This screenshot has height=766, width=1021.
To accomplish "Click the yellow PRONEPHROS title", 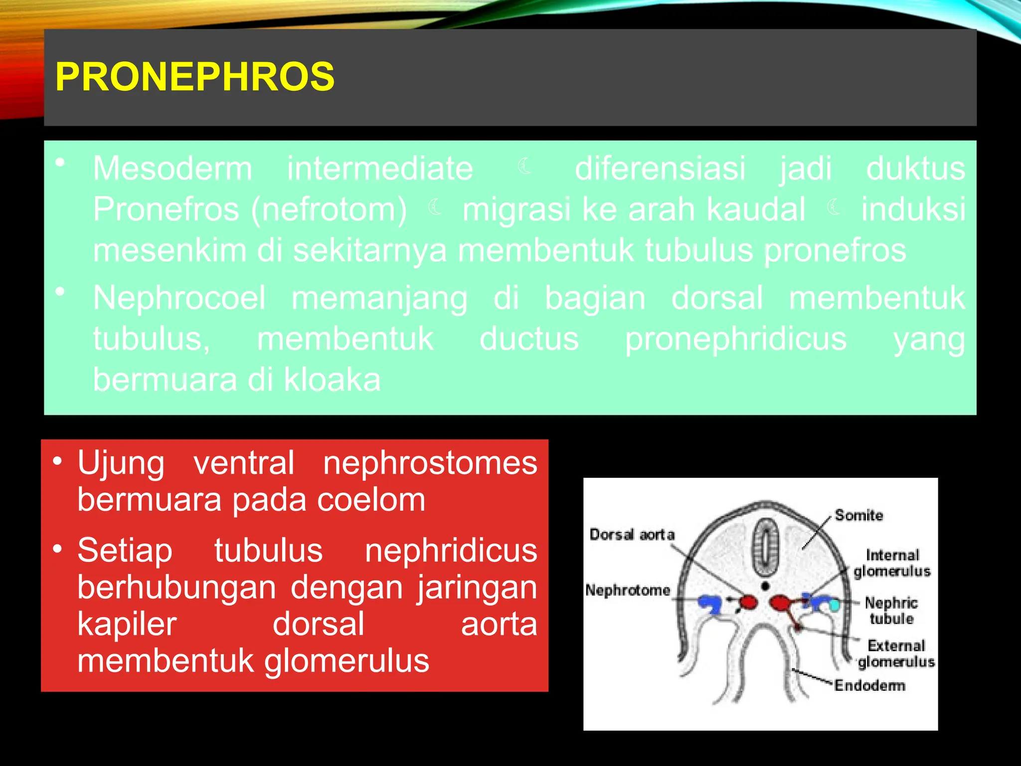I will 194,77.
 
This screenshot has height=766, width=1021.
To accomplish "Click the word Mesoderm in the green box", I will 172,169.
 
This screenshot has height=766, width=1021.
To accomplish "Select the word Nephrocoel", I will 179,298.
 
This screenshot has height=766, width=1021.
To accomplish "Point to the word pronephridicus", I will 735,339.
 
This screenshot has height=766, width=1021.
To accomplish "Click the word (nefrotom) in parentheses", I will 329,209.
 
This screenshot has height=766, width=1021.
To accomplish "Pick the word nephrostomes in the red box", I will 430,463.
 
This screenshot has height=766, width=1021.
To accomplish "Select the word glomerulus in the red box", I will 346,661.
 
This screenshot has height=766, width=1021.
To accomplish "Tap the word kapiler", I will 127,624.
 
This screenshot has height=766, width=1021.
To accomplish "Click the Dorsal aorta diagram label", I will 632,535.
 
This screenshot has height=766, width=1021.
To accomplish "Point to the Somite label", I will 858,515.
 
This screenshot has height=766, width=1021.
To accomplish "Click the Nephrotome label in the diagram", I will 628,590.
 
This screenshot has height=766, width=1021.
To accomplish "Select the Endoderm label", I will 869,685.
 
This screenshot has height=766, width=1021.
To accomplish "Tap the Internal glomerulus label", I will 892,563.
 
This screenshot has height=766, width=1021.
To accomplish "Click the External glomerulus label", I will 896,654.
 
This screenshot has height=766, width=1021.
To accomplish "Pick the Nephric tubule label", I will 891,610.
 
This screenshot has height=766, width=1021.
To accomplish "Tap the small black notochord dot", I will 765,586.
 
